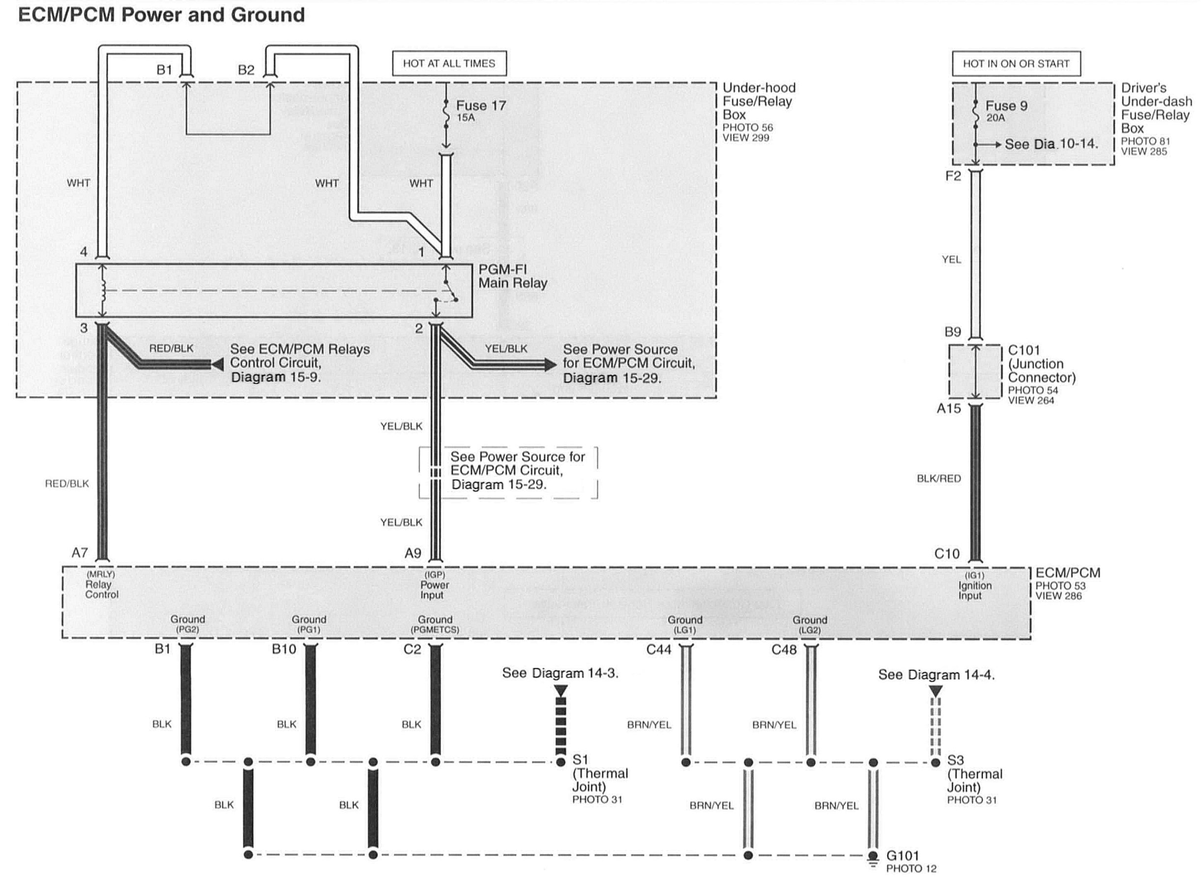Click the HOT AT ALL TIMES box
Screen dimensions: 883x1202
[x=449, y=63]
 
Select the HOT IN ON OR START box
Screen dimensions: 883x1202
[x=1016, y=63]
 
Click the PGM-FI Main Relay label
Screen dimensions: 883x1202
[x=512, y=276]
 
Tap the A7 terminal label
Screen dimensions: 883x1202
[x=80, y=553]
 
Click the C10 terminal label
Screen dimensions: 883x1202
[x=946, y=554]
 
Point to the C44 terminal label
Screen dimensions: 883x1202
[x=658, y=650]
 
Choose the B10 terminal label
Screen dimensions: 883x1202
[x=284, y=649]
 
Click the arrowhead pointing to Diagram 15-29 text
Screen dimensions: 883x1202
[x=550, y=364]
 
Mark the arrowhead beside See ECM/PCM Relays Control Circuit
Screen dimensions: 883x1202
[x=217, y=364]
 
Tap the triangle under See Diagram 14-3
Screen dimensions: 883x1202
[x=560, y=691]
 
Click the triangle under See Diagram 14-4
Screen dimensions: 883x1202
[x=936, y=692]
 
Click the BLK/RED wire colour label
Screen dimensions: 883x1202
[x=938, y=479]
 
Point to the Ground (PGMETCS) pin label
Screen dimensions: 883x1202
[x=435, y=624]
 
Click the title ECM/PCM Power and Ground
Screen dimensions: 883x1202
[x=161, y=14]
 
